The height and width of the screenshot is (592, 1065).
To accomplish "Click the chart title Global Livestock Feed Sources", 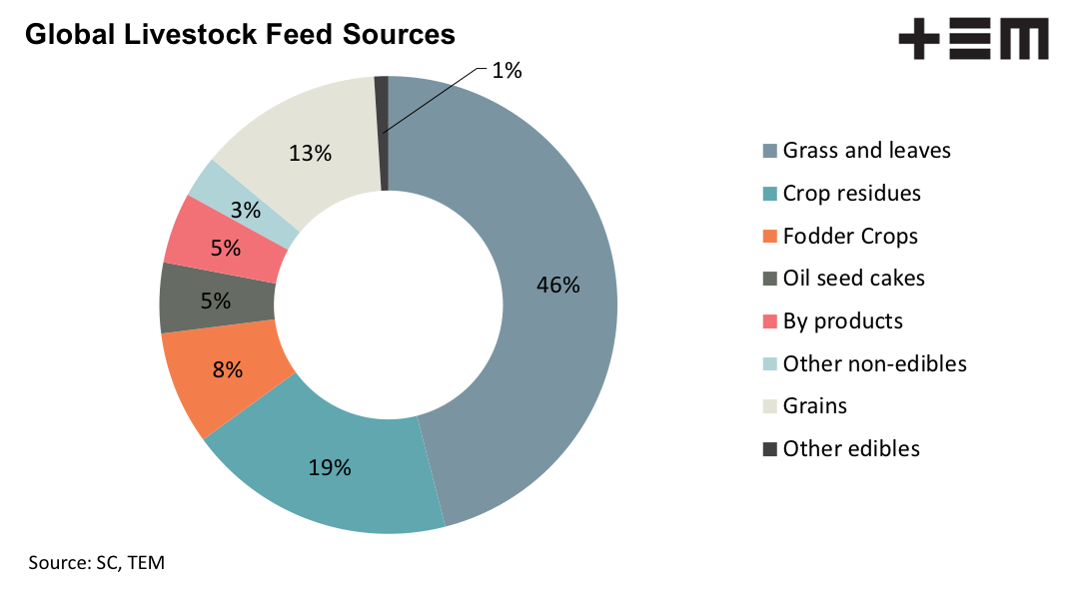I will (240, 35).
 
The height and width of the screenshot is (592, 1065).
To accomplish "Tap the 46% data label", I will (557, 285).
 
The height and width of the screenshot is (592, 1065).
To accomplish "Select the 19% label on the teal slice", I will (329, 466).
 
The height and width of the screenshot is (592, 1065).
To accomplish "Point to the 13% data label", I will (310, 154).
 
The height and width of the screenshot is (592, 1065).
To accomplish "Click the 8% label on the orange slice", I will (227, 369).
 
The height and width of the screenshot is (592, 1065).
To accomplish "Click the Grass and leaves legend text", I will (866, 151).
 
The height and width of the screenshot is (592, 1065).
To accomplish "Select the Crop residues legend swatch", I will (769, 194).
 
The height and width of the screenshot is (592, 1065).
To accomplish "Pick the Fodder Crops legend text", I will (850, 237).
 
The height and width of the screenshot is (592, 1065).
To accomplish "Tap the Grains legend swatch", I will (769, 406).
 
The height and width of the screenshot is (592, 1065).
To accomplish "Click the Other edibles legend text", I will (851, 448).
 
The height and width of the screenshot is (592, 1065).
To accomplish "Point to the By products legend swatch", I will (769, 321).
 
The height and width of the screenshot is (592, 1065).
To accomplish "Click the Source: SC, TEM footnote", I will (96, 562).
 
